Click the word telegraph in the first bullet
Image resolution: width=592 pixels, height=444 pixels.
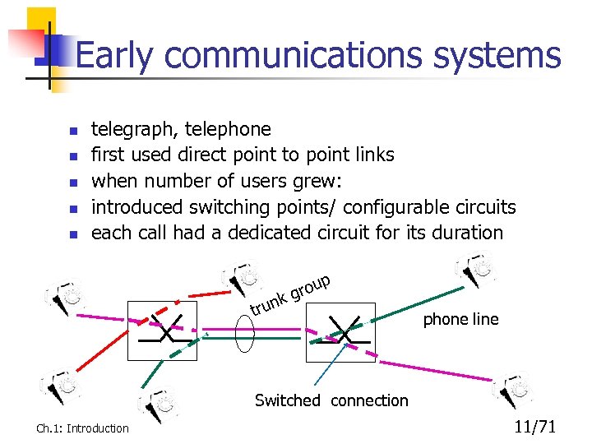pyautogui.click(x=133, y=129)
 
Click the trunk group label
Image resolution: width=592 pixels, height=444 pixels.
pyautogui.click(x=290, y=295)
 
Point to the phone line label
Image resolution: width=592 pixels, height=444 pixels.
pyautogui.click(x=460, y=319)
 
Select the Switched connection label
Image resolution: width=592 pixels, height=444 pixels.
pyautogui.click(x=331, y=400)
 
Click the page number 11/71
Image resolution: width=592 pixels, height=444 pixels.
pyautogui.click(x=535, y=426)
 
